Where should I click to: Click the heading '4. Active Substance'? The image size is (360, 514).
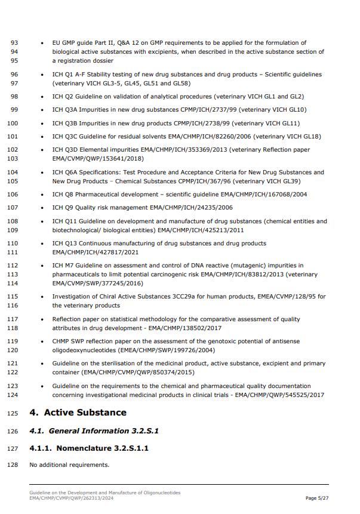point(78,413)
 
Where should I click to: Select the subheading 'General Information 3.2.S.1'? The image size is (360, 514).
point(94,431)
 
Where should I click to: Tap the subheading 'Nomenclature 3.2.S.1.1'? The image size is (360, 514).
point(89,448)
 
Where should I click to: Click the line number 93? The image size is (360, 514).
point(14,43)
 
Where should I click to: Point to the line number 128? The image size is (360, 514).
point(13,464)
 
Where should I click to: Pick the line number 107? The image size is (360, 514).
point(13,208)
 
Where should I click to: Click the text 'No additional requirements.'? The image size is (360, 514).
point(69,464)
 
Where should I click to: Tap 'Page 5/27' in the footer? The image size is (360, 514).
point(317,498)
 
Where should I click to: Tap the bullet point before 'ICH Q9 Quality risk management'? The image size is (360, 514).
point(42,208)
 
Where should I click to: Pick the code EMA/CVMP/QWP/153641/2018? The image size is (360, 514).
point(98,159)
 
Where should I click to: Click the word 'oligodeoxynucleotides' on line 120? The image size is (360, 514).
point(85,350)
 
